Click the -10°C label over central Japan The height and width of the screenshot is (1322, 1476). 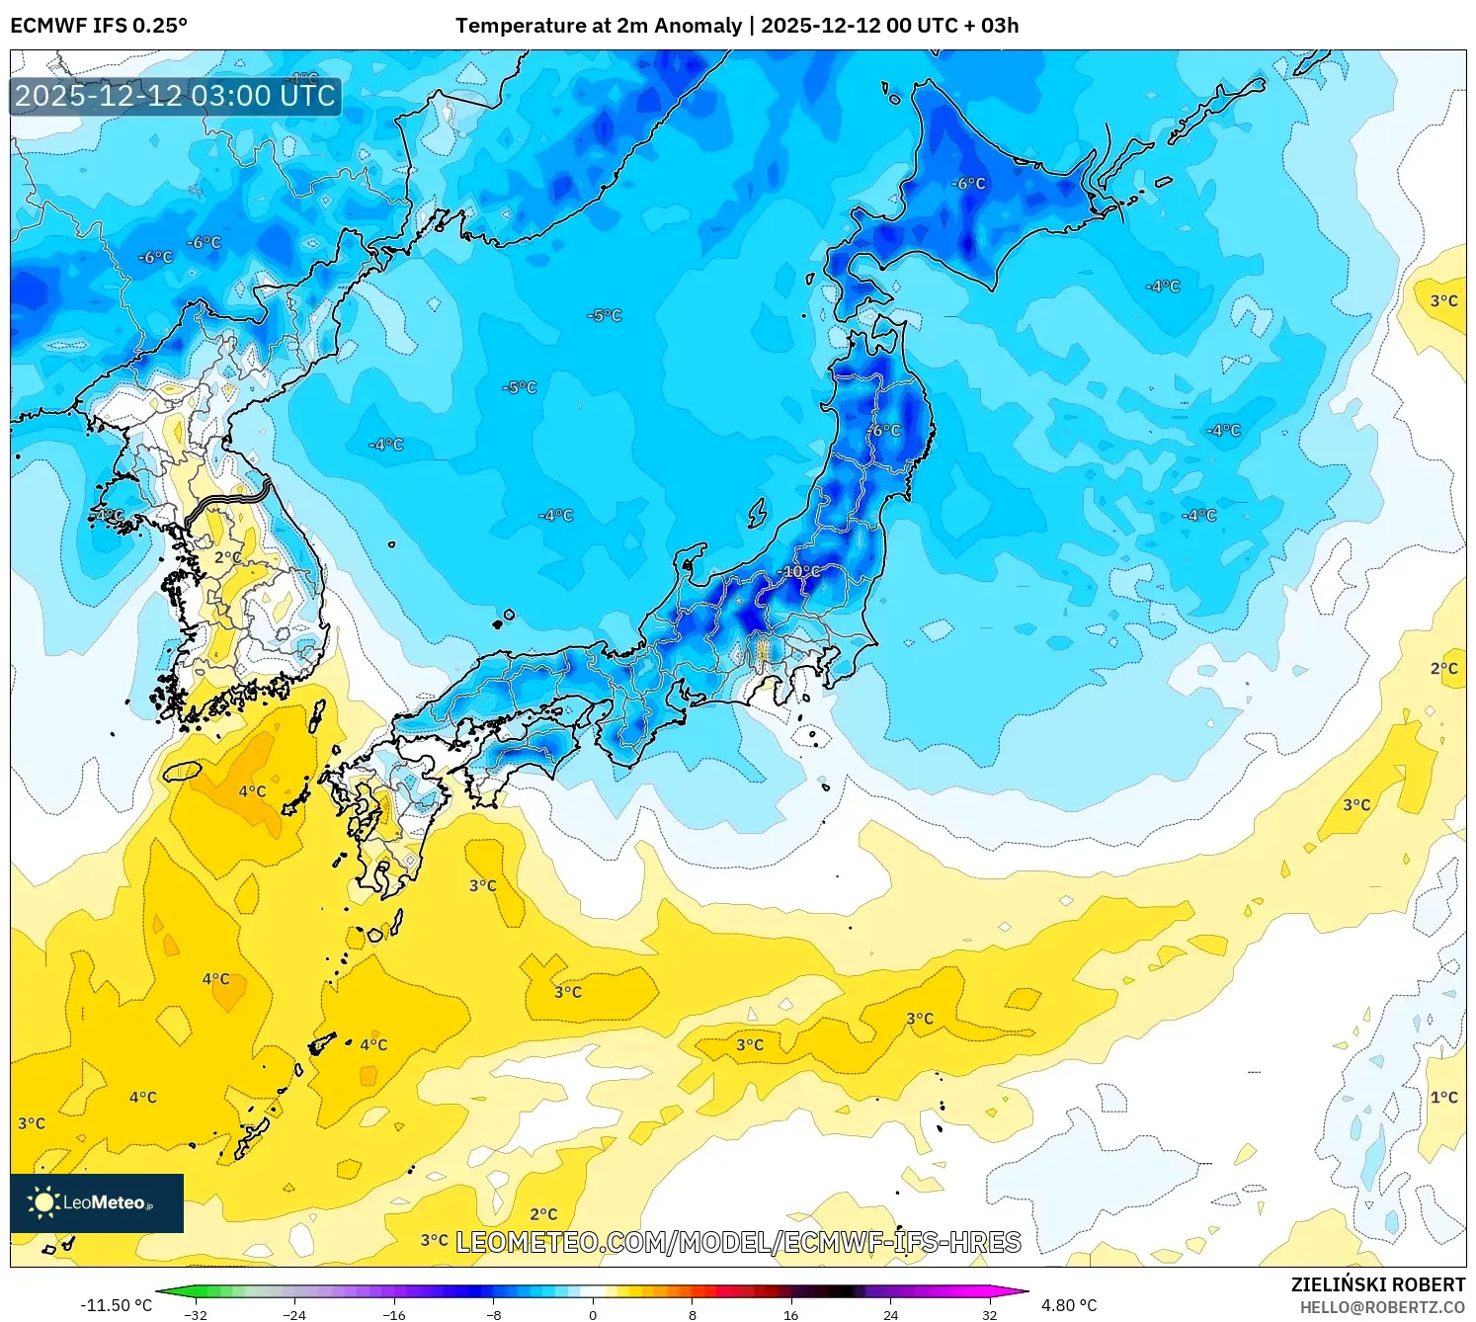(x=800, y=571)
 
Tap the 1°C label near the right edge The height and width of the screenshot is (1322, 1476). (x=1443, y=1097)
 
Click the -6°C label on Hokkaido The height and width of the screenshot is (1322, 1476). (x=968, y=184)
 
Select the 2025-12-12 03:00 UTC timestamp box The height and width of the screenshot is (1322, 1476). (x=176, y=96)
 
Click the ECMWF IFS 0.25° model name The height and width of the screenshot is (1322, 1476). (x=99, y=26)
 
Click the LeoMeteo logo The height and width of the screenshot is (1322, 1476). (x=97, y=1202)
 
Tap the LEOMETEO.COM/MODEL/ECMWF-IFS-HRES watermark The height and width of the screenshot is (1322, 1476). (x=738, y=1242)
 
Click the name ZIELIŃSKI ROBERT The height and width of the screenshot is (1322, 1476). (x=1377, y=1284)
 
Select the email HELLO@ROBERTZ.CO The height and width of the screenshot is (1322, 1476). (x=1381, y=1307)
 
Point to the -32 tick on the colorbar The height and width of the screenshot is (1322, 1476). (x=196, y=1314)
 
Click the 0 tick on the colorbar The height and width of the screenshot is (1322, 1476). (x=593, y=1314)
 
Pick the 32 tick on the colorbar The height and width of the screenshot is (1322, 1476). (x=989, y=1314)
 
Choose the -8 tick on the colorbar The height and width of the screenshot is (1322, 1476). (x=494, y=1314)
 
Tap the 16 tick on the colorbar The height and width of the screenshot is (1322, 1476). (x=790, y=1314)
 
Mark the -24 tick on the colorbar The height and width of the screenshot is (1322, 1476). (x=294, y=1314)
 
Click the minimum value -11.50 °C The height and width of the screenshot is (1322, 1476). (x=116, y=1305)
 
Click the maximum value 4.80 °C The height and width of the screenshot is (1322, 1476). (x=1069, y=1305)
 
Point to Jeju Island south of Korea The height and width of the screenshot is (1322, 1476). (x=182, y=770)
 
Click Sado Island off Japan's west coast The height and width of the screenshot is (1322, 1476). (x=758, y=513)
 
